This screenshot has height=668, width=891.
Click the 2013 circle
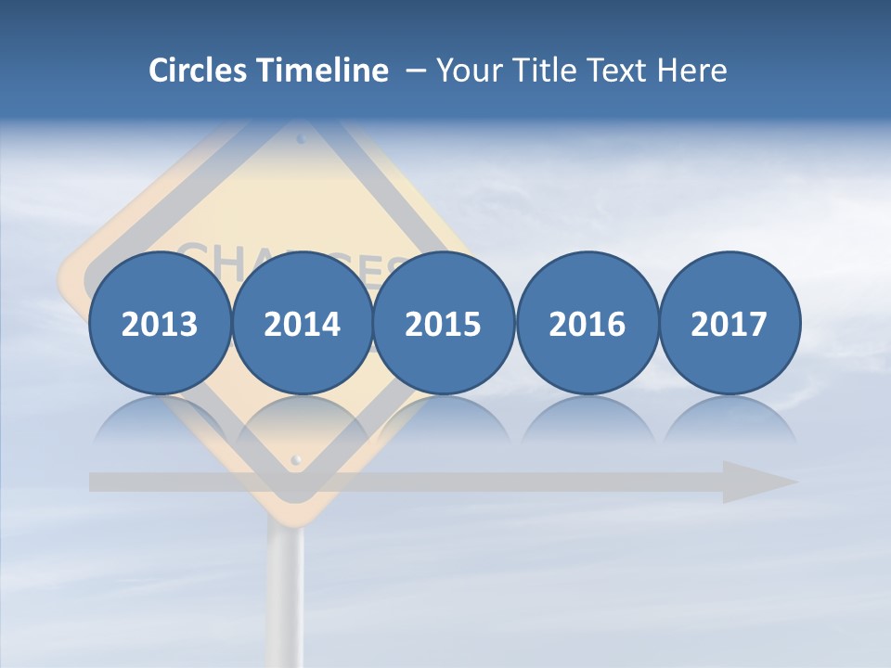click(160, 323)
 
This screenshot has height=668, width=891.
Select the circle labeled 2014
click(302, 323)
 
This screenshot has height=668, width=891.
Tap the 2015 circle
click(444, 323)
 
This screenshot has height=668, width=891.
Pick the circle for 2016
click(587, 323)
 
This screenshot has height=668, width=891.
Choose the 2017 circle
click(730, 323)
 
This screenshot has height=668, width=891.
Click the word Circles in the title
click(198, 71)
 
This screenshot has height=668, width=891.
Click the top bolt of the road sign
click(300, 139)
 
